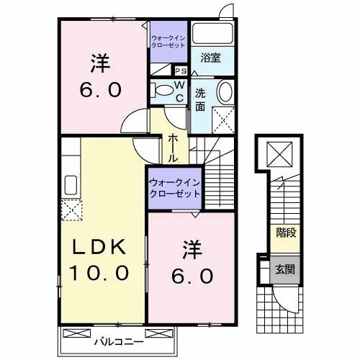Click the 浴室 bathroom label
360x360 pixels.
coord(210,57)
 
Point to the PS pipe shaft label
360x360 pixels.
coord(181,71)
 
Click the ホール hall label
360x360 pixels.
coord(174,147)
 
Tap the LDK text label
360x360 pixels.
coord(100,247)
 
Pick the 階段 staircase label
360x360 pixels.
coord(284,232)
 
